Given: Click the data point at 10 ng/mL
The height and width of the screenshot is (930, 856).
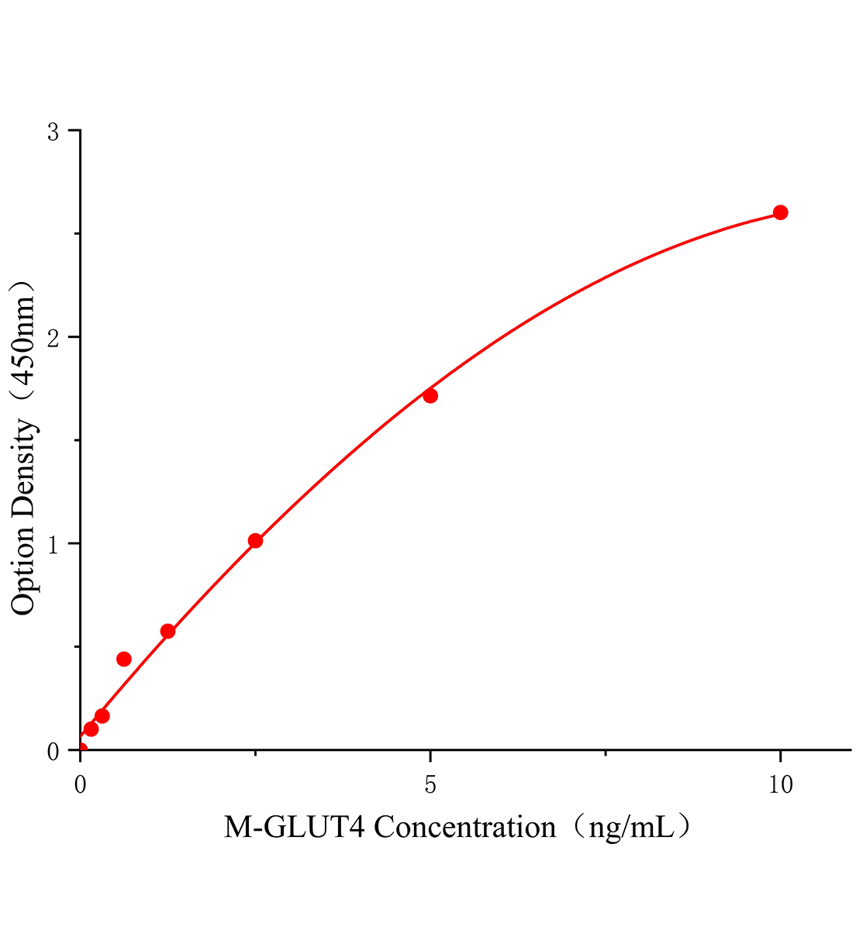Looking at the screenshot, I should pyautogui.click(x=780, y=212).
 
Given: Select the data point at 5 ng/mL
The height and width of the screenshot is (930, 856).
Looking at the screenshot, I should pyautogui.click(x=430, y=396).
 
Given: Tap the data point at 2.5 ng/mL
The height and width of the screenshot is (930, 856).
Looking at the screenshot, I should pyautogui.click(x=255, y=541).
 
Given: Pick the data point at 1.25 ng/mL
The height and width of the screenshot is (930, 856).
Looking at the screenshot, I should pyautogui.click(x=167, y=631).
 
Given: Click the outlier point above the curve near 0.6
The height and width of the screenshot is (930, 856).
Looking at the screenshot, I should pyautogui.click(x=124, y=659).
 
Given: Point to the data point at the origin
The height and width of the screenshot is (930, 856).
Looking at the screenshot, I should pyautogui.click(x=81, y=749).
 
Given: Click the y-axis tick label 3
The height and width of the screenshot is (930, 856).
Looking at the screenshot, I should pyautogui.click(x=53, y=133).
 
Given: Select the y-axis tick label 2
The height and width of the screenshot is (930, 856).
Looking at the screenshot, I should pyautogui.click(x=53, y=338).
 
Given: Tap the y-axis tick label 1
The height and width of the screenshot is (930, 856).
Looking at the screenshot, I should pyautogui.click(x=53, y=545).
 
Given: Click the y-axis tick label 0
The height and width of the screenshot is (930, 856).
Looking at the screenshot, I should pyautogui.click(x=53, y=751).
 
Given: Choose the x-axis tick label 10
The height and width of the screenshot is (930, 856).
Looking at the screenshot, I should pyautogui.click(x=780, y=785).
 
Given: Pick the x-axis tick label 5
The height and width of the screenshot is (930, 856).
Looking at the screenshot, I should pyautogui.click(x=430, y=785).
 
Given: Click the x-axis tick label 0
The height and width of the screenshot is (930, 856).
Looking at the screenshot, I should pyautogui.click(x=81, y=785).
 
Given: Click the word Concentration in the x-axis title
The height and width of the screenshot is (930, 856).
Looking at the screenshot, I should pyautogui.click(x=465, y=828).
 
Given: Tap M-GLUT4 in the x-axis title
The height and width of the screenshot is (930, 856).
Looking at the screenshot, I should pyautogui.click(x=295, y=828).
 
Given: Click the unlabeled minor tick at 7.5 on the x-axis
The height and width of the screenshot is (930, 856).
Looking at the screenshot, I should pyautogui.click(x=605, y=752).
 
